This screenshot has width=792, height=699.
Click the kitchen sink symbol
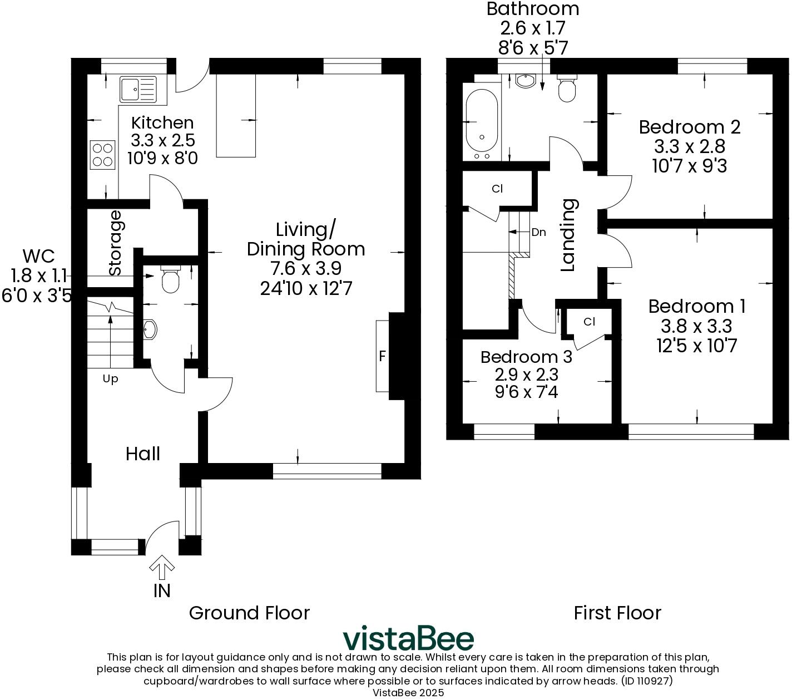[x=138, y=90]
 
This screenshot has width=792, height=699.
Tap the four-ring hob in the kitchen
[x=102, y=155]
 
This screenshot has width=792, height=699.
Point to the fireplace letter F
[x=382, y=356]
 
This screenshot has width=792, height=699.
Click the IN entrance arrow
[x=162, y=567]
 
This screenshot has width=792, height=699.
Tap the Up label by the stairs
[x=110, y=379]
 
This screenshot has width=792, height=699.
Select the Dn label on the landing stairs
[x=538, y=233]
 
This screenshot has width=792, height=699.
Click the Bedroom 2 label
[x=689, y=127]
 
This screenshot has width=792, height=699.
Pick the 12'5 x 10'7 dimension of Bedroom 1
[x=696, y=346]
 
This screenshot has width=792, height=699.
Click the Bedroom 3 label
[x=526, y=357]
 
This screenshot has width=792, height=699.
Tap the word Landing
[x=568, y=235]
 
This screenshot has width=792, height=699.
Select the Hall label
[x=143, y=454]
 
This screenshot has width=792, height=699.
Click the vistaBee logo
[x=408, y=638]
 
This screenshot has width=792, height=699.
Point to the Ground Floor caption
[x=249, y=613]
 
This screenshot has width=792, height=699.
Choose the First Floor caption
[x=617, y=613]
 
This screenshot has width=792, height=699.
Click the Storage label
[x=115, y=243]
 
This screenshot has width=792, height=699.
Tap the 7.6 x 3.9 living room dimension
[x=306, y=268]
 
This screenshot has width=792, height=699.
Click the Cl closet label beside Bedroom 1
[x=590, y=322]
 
